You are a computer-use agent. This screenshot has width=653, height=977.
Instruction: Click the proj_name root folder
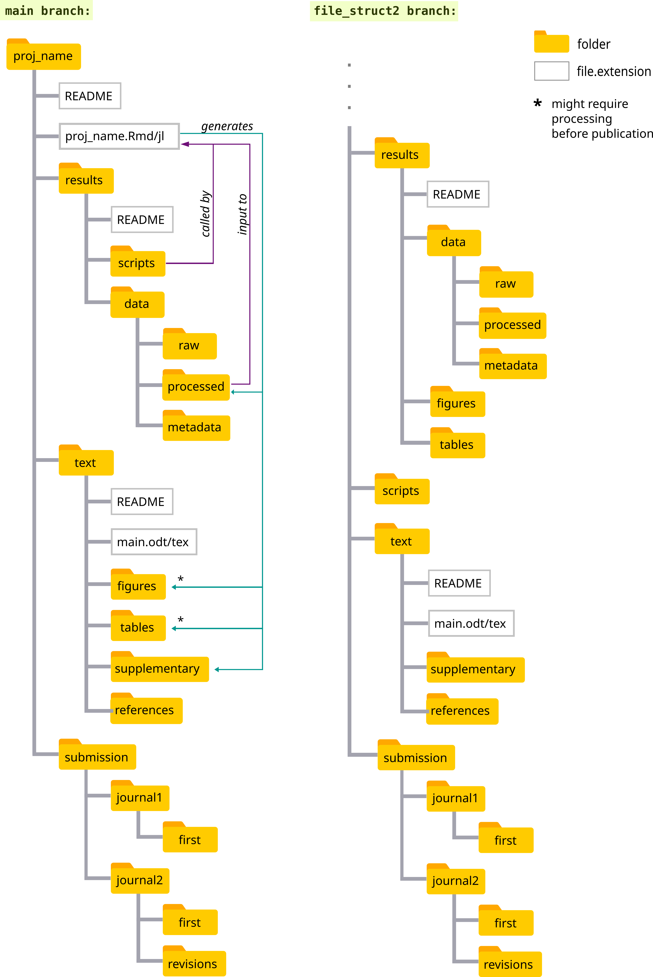pyautogui.click(x=43, y=56)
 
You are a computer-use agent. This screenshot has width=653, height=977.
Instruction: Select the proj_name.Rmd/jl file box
pyautogui.click(x=119, y=136)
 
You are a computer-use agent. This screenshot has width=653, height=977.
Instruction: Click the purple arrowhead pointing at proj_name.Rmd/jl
pyautogui.click(x=185, y=144)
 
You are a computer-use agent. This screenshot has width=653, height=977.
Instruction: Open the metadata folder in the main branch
pyautogui.click(x=196, y=427)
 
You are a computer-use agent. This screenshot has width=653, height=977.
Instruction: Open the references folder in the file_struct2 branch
pyautogui.click(x=462, y=710)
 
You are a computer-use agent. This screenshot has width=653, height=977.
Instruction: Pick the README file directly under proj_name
pyautogui.click(x=90, y=96)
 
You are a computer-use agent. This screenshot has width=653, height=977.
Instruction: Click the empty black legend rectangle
pyautogui.click(x=551, y=71)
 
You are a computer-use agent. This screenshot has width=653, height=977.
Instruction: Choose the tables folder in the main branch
pyautogui.click(x=138, y=627)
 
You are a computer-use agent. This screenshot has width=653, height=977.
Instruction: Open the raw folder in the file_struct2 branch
pyautogui.click(x=506, y=284)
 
